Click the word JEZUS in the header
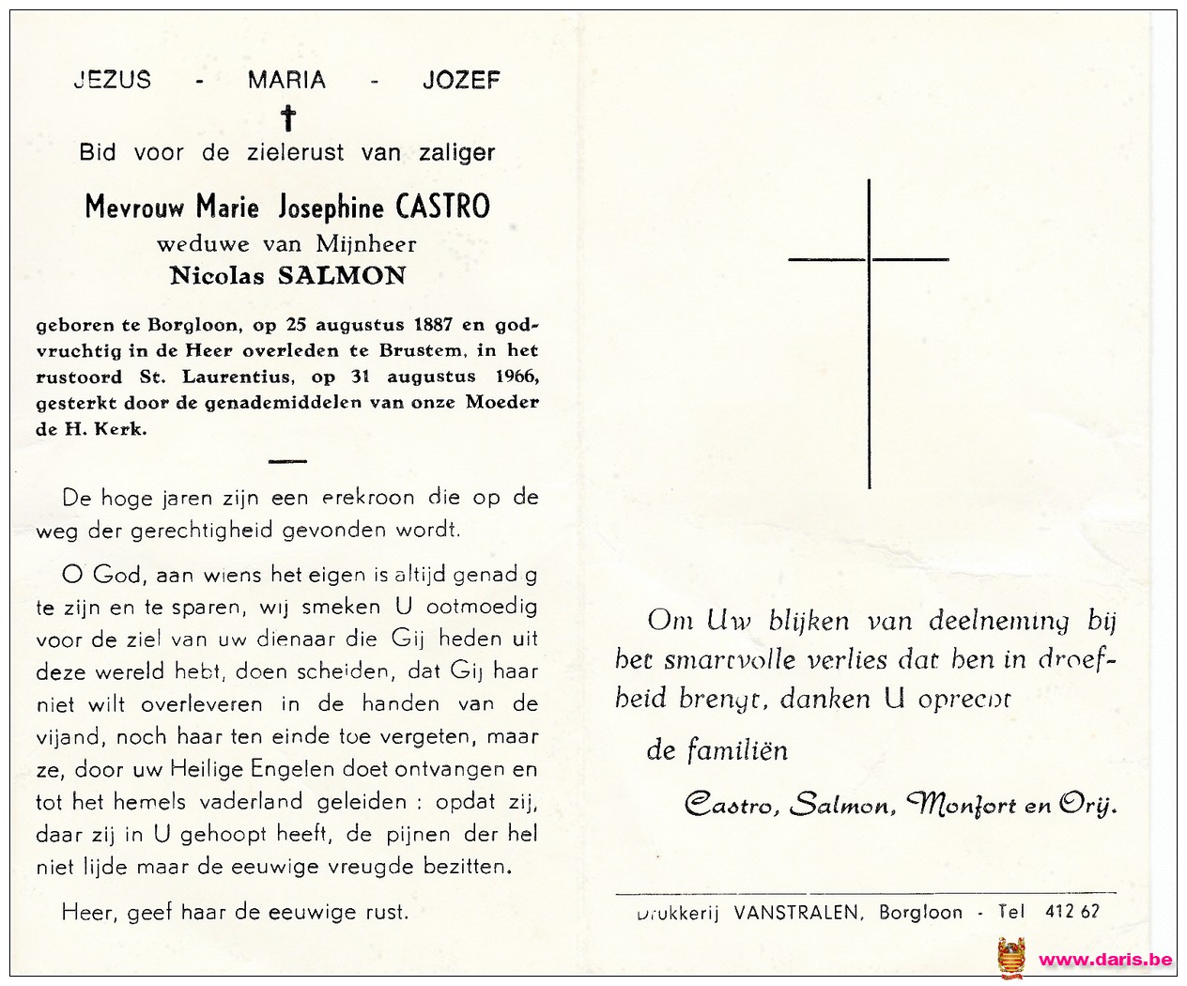[112, 80]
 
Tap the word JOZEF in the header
[461, 80]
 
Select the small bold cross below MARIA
[288, 118]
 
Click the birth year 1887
[433, 326]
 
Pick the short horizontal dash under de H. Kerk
[288, 460]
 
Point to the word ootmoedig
[482, 607]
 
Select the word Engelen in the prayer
[292, 769]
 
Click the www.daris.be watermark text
[1105, 959]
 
